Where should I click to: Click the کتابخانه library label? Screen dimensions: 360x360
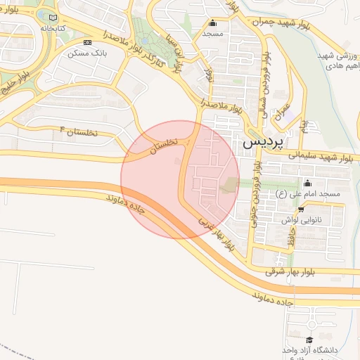click(x=54, y=27)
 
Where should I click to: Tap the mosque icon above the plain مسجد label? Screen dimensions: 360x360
click(x=213, y=22)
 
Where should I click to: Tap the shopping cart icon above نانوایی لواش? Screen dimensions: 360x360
click(x=301, y=209)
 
